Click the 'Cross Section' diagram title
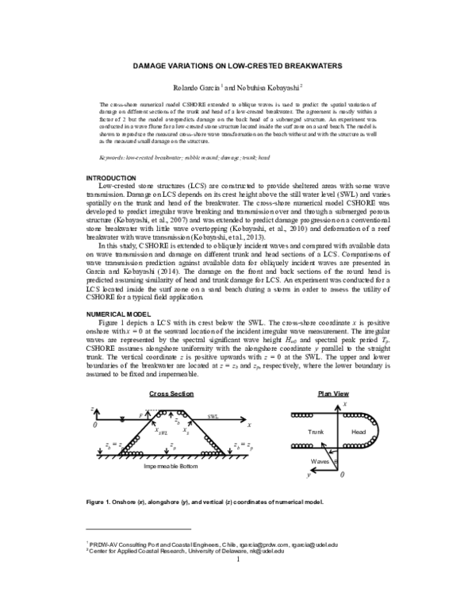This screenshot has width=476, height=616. [x=171, y=394]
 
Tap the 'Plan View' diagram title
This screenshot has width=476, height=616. [x=334, y=394]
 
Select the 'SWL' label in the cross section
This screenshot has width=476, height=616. [x=213, y=416]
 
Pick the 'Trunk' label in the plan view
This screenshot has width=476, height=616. [x=316, y=431]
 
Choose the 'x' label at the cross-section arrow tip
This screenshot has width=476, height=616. [x=248, y=425]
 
